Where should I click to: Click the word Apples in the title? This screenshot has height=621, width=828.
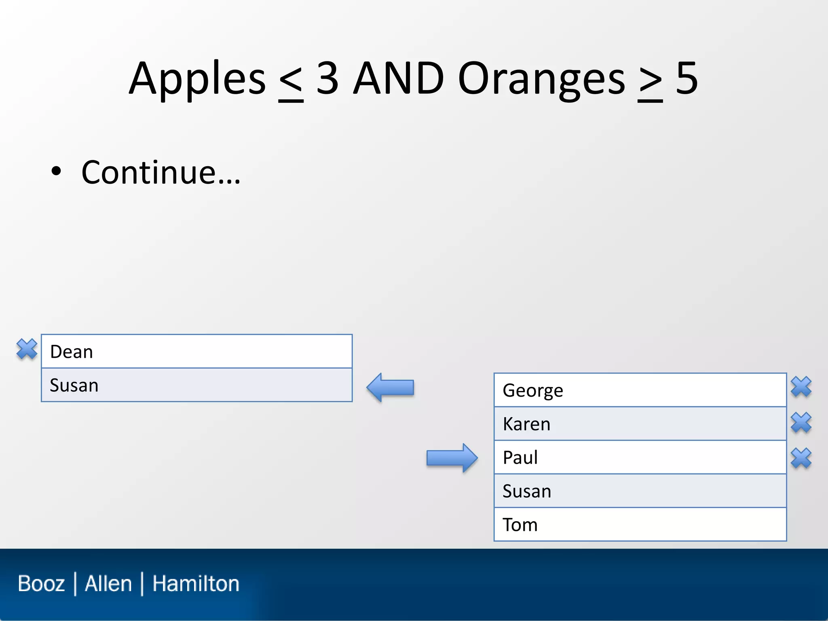click(197, 79)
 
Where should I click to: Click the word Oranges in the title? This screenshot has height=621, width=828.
click(542, 79)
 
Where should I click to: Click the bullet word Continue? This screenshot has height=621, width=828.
click(161, 173)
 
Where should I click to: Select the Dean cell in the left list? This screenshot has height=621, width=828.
click(196, 351)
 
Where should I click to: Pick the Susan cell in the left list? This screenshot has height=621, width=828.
click(196, 385)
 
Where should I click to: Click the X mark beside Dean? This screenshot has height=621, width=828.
click(27, 349)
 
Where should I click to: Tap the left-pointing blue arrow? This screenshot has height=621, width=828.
click(390, 387)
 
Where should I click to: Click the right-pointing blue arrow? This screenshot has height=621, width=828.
click(452, 458)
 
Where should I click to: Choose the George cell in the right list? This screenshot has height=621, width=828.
click(640, 390)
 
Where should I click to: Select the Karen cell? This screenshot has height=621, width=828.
click(640, 424)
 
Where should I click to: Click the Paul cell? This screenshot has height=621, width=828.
click(640, 457)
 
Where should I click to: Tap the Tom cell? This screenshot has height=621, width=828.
click(640, 524)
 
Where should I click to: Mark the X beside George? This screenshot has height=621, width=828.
click(801, 387)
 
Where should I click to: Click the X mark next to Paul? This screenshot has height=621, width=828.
click(801, 458)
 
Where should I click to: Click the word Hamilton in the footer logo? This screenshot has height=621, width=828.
click(196, 583)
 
